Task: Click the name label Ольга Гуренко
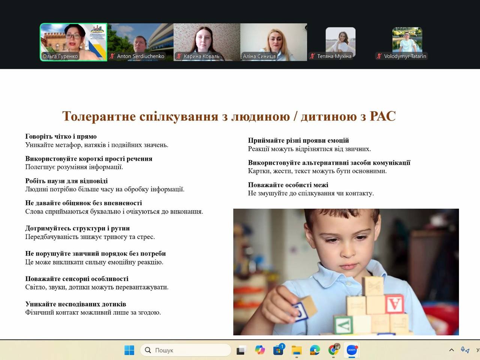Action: [x=60, y=56]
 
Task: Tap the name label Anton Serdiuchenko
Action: [x=140, y=56]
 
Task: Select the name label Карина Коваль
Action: [x=201, y=56]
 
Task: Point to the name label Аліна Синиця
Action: [x=259, y=56]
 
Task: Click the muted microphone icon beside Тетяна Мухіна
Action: [x=312, y=56]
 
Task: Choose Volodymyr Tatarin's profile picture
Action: [x=407, y=40]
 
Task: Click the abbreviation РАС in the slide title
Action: [x=383, y=116]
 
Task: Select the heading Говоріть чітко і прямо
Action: [x=61, y=136]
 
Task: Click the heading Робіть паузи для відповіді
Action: [x=66, y=181]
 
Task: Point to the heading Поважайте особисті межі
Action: [x=288, y=185]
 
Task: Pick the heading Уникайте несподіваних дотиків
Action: [x=76, y=304]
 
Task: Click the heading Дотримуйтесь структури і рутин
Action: [x=77, y=228]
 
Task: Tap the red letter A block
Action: [x=394, y=304]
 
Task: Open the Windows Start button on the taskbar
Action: [x=129, y=350]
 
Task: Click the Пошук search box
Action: [x=186, y=350]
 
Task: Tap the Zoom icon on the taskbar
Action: [x=352, y=350]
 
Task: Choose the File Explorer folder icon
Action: [x=297, y=350]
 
